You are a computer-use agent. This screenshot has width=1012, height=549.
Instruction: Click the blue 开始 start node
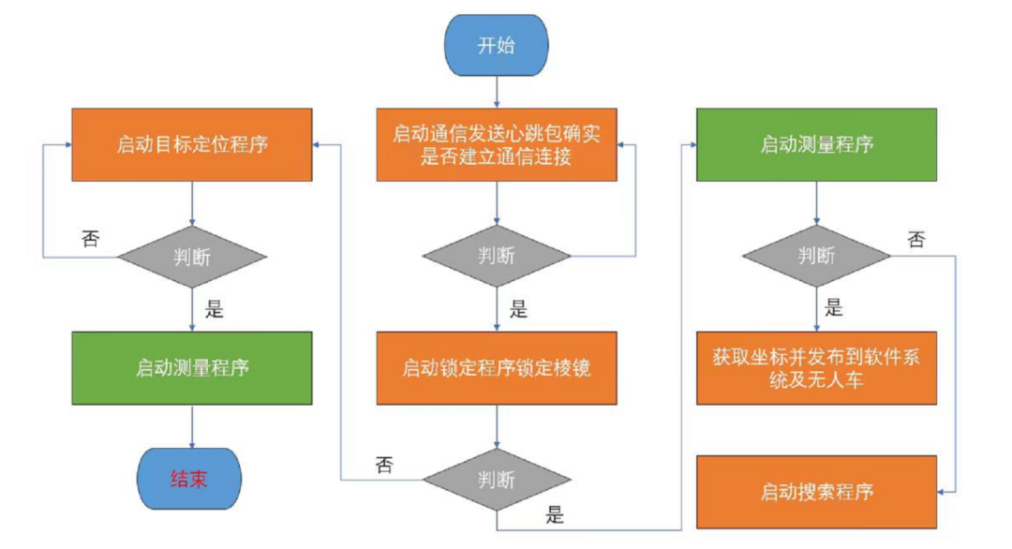[x=497, y=46]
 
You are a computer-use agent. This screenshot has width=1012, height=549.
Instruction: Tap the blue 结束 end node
[x=190, y=480]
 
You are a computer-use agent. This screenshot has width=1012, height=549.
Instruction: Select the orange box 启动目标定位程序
[x=191, y=144]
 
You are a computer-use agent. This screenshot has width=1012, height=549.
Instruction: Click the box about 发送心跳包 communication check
[x=497, y=144]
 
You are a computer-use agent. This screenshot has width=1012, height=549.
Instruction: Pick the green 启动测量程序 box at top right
[x=816, y=144]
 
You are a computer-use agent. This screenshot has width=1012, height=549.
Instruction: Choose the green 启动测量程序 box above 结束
[x=191, y=366]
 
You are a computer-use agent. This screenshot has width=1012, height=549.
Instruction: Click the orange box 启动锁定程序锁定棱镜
[x=497, y=366]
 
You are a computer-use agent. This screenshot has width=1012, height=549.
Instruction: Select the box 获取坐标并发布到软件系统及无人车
[x=816, y=366]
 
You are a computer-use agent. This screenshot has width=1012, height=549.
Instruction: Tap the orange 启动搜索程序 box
[x=816, y=492]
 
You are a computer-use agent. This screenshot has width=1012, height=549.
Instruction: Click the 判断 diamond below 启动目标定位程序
[x=191, y=256]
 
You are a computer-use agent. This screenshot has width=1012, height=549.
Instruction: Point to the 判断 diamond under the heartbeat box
[x=497, y=256]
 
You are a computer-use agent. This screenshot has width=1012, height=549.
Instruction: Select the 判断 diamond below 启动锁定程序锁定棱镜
[x=497, y=480]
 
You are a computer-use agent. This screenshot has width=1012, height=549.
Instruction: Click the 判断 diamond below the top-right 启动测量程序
[x=816, y=256]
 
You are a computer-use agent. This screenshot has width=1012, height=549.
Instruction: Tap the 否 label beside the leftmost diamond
[x=91, y=239]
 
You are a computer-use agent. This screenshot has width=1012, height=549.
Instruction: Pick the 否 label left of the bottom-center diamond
[x=384, y=464]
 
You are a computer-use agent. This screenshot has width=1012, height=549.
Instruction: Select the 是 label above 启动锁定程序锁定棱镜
[x=518, y=310]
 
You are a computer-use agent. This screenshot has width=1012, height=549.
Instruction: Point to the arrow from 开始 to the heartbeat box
[x=497, y=92]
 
